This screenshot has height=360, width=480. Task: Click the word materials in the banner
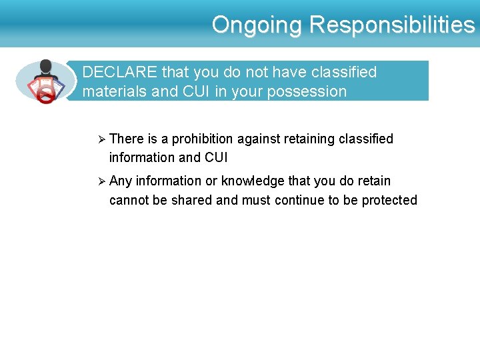click(x=114, y=91)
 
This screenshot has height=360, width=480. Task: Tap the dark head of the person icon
click(x=45, y=67)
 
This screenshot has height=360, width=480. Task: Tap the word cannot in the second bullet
click(x=129, y=200)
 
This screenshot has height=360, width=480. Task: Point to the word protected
click(x=389, y=200)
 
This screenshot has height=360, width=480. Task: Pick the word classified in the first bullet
click(x=366, y=139)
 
